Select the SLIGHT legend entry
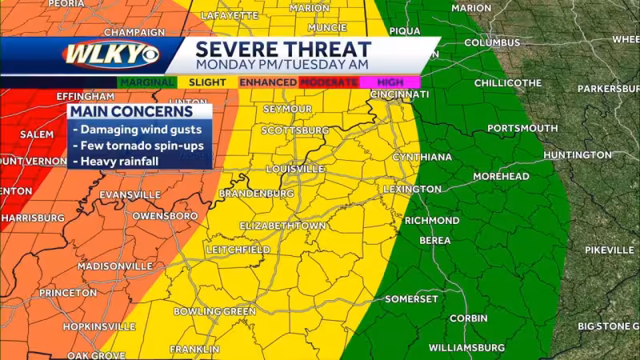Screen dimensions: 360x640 point(207,82)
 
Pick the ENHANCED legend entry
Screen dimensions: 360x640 point(268,82)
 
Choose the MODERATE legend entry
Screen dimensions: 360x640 point(329,82)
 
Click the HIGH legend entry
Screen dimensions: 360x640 point(390,82)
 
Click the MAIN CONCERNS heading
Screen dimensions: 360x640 point(131,112)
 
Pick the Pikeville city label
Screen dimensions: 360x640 point(609,250)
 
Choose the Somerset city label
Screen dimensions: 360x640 point(411,298)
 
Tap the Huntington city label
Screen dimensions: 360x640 point(577,154)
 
